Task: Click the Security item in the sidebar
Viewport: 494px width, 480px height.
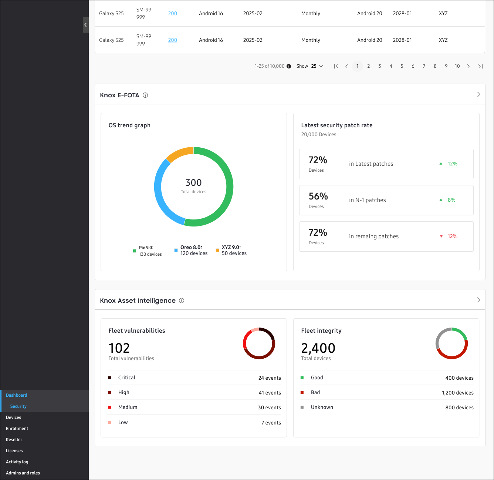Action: (x=18, y=406)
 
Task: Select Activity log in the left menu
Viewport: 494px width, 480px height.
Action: (x=17, y=462)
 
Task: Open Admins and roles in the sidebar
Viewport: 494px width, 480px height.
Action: (x=23, y=473)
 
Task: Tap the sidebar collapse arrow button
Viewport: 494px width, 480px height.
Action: (x=85, y=25)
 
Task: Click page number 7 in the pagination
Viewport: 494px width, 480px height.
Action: (x=424, y=66)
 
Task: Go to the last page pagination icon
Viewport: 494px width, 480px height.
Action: (x=480, y=66)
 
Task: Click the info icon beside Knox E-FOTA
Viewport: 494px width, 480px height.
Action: (x=145, y=95)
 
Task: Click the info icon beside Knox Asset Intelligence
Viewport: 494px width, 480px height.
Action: (x=182, y=301)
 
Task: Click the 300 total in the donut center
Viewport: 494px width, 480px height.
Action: (x=193, y=183)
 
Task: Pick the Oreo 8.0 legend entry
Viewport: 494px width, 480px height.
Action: (x=191, y=251)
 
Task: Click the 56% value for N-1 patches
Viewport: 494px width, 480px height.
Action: (x=318, y=197)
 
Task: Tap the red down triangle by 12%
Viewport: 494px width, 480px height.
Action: (x=441, y=236)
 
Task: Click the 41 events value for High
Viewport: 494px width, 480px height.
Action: (x=270, y=393)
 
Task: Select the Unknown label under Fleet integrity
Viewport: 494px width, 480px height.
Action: (x=322, y=407)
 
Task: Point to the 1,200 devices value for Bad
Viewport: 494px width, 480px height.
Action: (x=457, y=393)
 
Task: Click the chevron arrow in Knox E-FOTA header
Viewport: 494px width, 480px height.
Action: (x=478, y=95)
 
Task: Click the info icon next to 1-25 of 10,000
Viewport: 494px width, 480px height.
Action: (x=289, y=66)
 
